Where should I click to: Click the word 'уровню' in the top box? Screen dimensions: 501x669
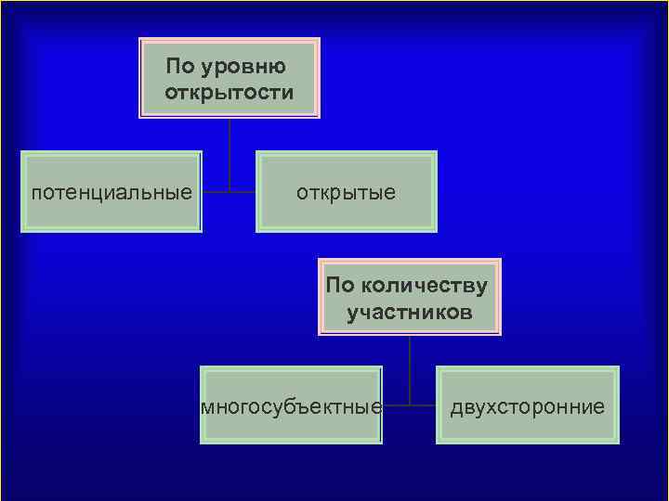pos(241,67)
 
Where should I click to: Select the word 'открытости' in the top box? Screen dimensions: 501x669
pos(229,92)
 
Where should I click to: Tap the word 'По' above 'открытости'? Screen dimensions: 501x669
pos(180,67)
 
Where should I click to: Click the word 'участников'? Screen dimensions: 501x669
pos(410,313)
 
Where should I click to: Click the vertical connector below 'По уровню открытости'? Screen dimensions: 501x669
pos(229,153)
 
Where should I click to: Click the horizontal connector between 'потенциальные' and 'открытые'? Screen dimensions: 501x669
pos(229,192)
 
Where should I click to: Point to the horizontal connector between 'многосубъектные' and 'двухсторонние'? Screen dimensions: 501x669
pos(410,405)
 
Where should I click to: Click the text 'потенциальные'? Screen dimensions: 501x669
pos(111,193)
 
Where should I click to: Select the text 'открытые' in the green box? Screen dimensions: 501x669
pos(346,193)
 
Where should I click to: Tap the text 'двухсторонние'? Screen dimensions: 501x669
pos(527,406)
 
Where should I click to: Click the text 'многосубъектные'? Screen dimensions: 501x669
pos(291,406)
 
